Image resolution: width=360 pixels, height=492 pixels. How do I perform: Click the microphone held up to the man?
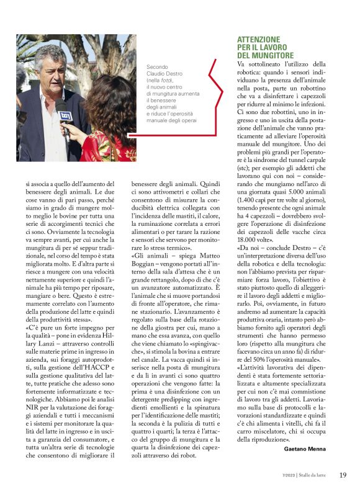[x=66, y=118]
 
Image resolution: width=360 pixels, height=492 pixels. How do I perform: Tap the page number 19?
[x=343, y=475]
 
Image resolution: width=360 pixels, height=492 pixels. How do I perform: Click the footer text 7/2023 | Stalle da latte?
[x=305, y=476]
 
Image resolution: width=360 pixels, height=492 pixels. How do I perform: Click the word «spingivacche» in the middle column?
[x=190, y=348]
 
